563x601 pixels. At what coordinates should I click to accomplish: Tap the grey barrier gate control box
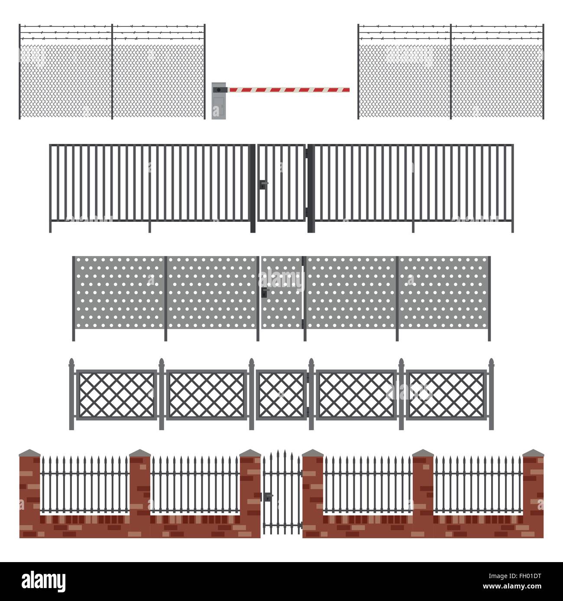[x=219, y=101]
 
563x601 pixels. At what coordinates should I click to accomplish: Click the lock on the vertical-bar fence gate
[x=263, y=184]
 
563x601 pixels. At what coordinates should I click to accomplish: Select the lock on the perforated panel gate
[x=264, y=294]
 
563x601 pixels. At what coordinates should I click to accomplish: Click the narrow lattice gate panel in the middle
[x=281, y=394]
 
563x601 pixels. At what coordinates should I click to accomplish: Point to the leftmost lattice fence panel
[x=116, y=394]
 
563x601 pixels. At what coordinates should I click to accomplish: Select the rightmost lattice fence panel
[x=447, y=394]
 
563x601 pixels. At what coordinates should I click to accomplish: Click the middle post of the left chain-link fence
[x=112, y=71]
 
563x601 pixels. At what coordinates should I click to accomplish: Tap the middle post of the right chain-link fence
[x=451, y=71]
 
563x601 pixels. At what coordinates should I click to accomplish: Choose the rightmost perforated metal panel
[x=443, y=292]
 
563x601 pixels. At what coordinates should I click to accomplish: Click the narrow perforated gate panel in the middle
[x=281, y=292]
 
